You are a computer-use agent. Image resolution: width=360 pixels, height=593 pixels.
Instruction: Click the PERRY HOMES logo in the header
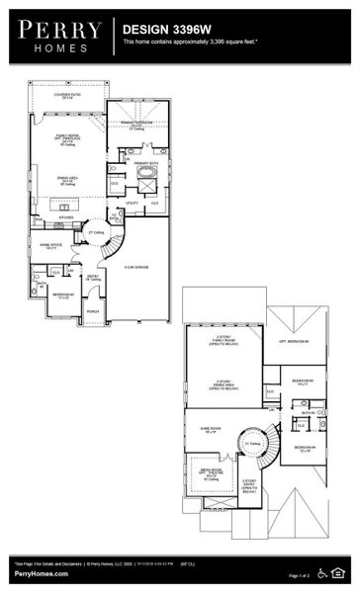[x=56, y=36]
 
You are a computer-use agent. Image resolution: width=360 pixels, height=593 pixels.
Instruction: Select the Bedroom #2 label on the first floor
[x=60, y=296]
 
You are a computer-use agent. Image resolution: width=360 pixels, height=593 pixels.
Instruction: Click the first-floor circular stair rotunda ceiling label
[x=96, y=232]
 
